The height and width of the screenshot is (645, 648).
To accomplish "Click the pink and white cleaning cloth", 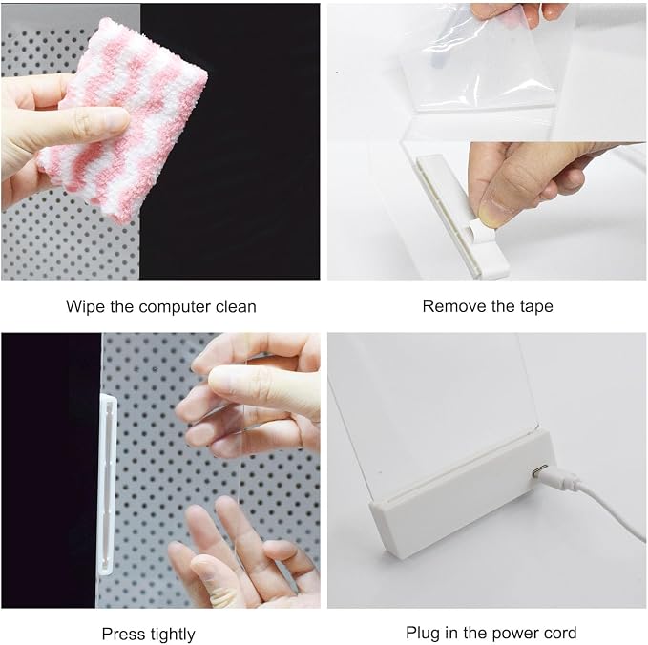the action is [x=128, y=120].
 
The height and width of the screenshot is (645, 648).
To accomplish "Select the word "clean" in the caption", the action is [x=236, y=306].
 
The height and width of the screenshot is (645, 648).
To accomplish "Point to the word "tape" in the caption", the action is [x=536, y=307].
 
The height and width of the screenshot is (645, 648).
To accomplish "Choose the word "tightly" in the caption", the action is [x=173, y=635].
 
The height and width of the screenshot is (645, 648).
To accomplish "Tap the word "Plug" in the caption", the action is [x=423, y=634].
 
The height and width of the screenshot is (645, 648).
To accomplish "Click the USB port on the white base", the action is [x=540, y=470].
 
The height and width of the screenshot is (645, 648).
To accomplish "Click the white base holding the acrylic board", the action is [x=463, y=496].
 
